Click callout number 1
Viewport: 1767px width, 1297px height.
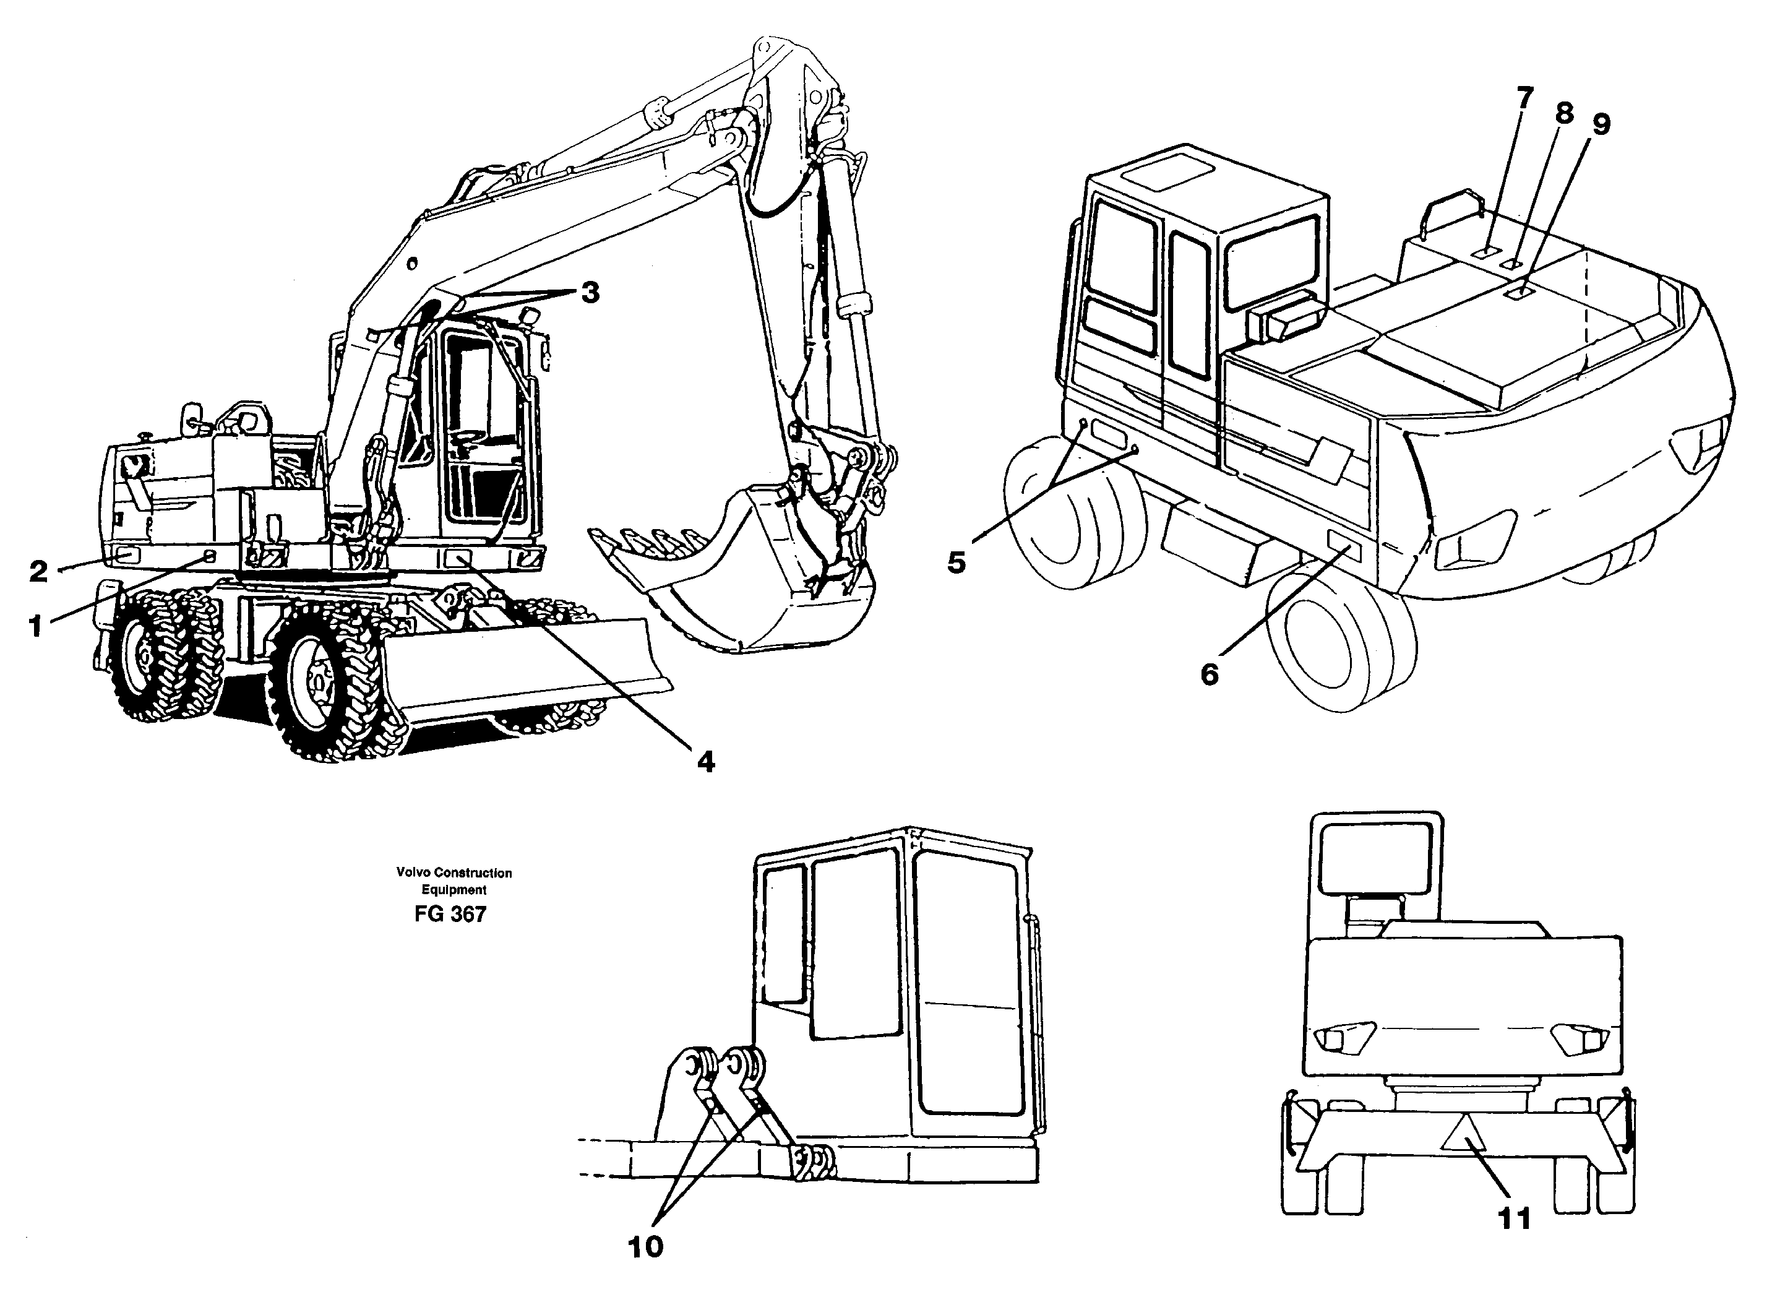point(35,626)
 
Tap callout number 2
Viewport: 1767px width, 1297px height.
point(38,571)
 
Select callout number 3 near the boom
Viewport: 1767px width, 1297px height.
point(590,293)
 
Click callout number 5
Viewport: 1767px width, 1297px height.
point(955,562)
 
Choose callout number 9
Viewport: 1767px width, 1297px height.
point(1601,124)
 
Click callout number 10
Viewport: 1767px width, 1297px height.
point(645,1247)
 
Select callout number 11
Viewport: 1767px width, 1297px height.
point(1514,1218)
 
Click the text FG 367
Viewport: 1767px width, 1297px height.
point(450,915)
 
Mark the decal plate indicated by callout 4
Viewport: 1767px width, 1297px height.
point(457,558)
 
